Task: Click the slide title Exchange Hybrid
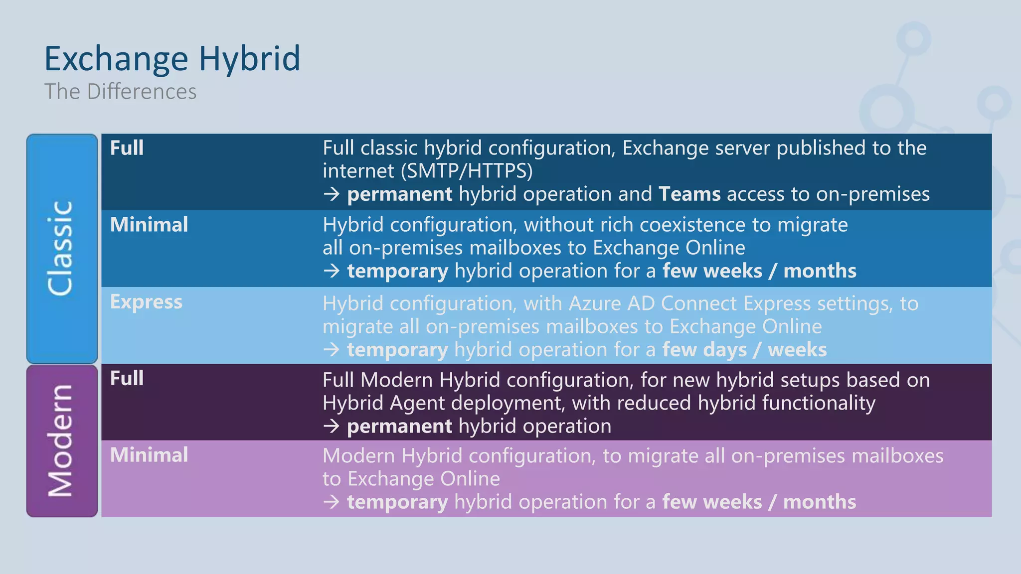coord(172,59)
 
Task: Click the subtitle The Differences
coord(120,92)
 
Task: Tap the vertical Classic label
coord(61,248)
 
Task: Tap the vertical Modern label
coord(61,441)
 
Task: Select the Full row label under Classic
coord(127,148)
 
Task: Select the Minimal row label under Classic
coord(149,225)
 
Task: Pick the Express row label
coord(146,302)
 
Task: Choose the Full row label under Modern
coord(127,378)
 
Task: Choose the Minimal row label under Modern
coord(149,455)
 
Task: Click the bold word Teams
coord(689,194)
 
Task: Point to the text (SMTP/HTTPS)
coord(467,171)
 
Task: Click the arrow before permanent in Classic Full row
coord(332,194)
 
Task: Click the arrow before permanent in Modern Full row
coord(332,426)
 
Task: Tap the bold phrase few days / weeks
coord(744,350)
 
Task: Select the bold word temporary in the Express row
coord(397,350)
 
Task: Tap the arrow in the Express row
coord(332,350)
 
